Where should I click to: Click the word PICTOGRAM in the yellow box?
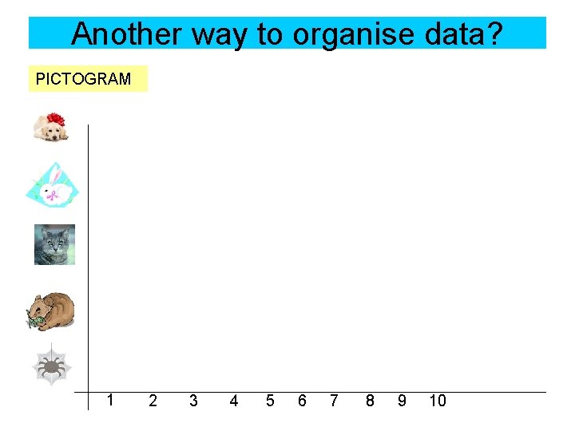pyautogui.click(x=83, y=79)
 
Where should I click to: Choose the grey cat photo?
pyautogui.click(x=54, y=244)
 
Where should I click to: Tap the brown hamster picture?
pyautogui.click(x=50, y=310)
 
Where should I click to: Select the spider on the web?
pyautogui.click(x=52, y=366)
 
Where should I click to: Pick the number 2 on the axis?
pyautogui.click(x=153, y=401)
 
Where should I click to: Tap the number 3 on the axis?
pyautogui.click(x=192, y=401)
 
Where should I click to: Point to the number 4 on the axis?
pyautogui.click(x=233, y=401)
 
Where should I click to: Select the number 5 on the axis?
pyautogui.click(x=270, y=401)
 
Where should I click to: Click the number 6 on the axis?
pyautogui.click(x=302, y=401)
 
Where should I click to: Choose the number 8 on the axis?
pyautogui.click(x=369, y=401)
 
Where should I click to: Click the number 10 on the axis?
pyautogui.click(x=437, y=401)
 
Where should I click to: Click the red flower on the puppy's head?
pyautogui.click(x=56, y=120)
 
